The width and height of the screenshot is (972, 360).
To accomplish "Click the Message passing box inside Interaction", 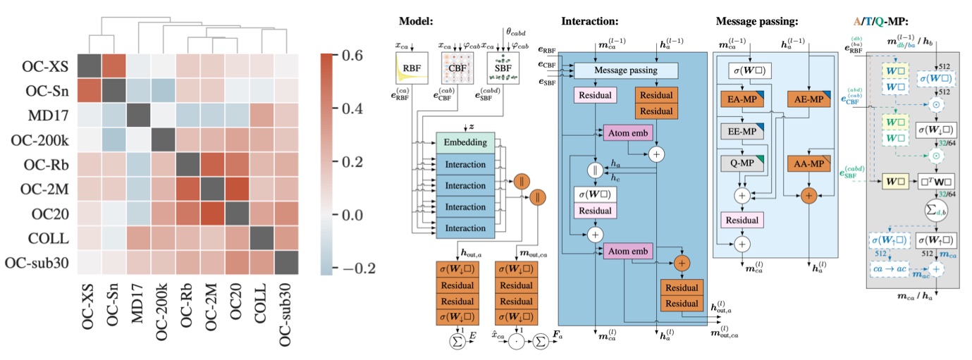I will (626, 70).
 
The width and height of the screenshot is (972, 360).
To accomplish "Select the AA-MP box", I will (808, 163).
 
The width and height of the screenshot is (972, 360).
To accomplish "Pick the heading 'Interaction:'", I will (589, 21).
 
